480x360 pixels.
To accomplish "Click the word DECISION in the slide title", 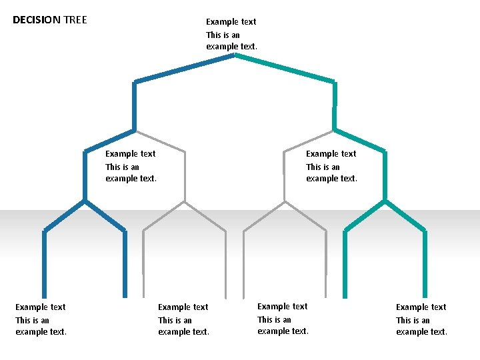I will [37, 20].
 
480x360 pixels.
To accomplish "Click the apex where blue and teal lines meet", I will [235, 55].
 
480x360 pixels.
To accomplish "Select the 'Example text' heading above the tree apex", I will [231, 21].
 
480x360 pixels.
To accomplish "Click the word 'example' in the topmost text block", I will [222, 47].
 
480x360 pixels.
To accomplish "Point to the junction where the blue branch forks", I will [85, 200].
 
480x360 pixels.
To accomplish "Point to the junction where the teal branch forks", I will [385, 200].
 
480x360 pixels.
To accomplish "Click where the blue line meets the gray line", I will [135, 130].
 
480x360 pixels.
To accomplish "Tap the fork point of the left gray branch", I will [185, 201].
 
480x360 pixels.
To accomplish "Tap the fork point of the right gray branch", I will [285, 201].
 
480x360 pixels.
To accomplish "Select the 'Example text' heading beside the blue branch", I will [130, 154].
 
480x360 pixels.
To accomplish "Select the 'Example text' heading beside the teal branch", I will [331, 154].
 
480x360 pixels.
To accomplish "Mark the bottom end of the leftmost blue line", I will [44, 296].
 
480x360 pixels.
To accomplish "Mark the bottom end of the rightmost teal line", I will [425, 296].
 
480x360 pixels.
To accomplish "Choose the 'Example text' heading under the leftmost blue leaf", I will [40, 307].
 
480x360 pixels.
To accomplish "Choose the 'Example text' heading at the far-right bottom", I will [421, 307].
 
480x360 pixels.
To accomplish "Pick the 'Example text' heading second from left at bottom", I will [183, 307].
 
